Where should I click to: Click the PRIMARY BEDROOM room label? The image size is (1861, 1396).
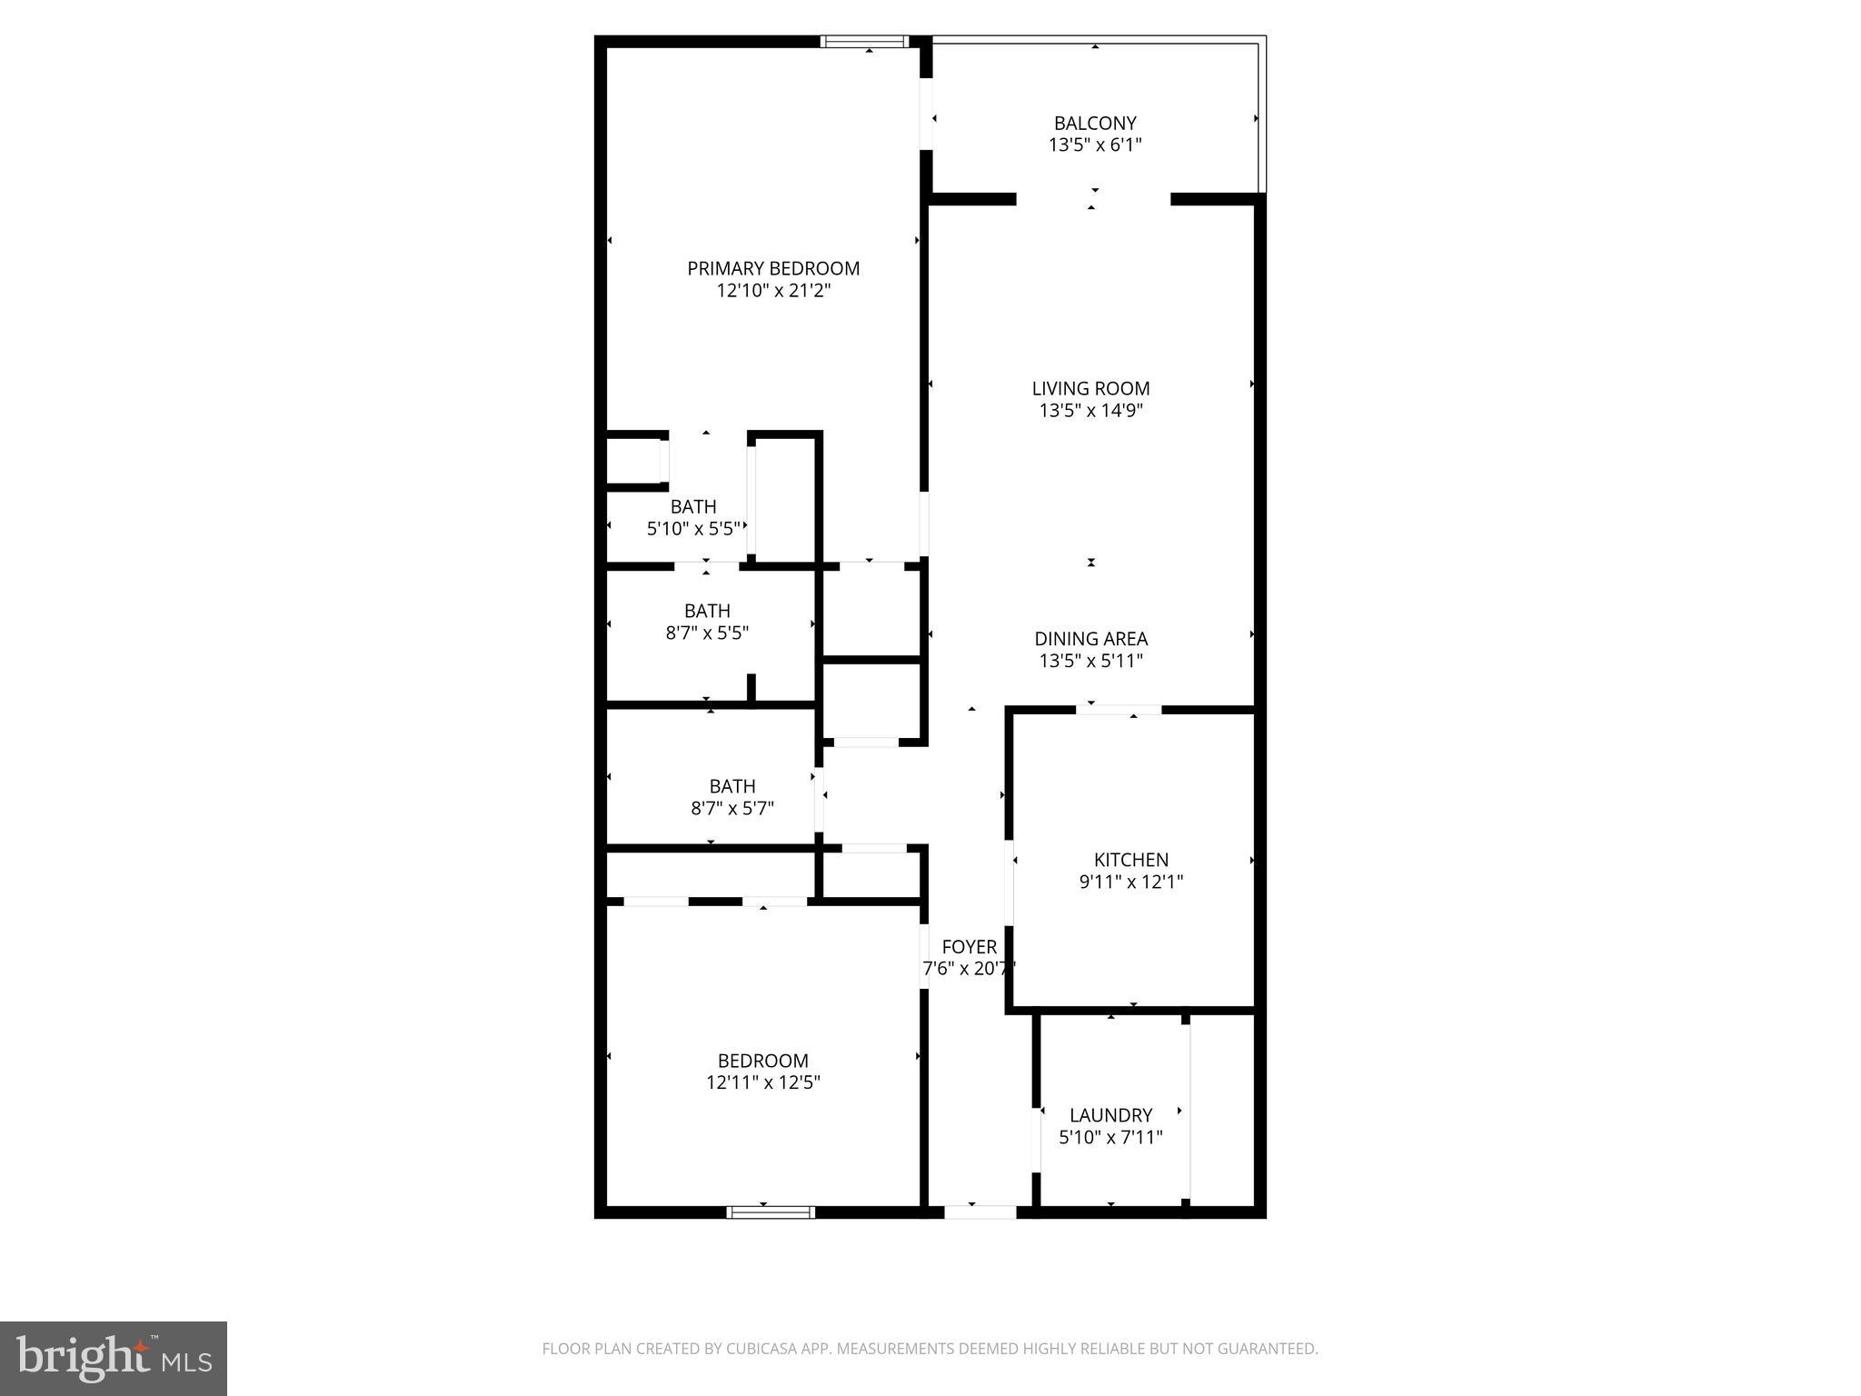pos(773,269)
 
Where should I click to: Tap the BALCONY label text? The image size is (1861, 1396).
pos(1095,123)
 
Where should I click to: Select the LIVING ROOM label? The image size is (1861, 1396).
pos(1090,388)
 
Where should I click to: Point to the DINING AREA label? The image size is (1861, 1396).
pos(1090,639)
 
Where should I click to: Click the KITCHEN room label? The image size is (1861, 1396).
pos(1130,860)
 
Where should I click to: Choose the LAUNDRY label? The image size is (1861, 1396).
pos(1110,1115)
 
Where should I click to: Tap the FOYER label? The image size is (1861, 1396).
pos(969,947)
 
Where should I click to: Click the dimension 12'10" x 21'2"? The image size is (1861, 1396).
pos(773,291)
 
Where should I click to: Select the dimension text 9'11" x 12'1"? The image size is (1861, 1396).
pos(1130,882)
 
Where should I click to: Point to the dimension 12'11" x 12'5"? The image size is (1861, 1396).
pos(762,1082)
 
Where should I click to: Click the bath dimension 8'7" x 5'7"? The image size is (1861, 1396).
pos(731,808)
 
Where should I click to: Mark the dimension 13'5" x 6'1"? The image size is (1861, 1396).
pos(1095,145)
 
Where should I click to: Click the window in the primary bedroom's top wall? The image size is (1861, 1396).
pos(864,42)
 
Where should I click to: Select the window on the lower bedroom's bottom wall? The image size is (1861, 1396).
pos(771,1212)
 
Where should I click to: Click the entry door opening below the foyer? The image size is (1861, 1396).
pos(980,1212)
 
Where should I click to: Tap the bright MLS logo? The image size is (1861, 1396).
pos(114,1359)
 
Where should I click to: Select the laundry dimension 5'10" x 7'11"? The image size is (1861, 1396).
pos(1110,1137)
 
